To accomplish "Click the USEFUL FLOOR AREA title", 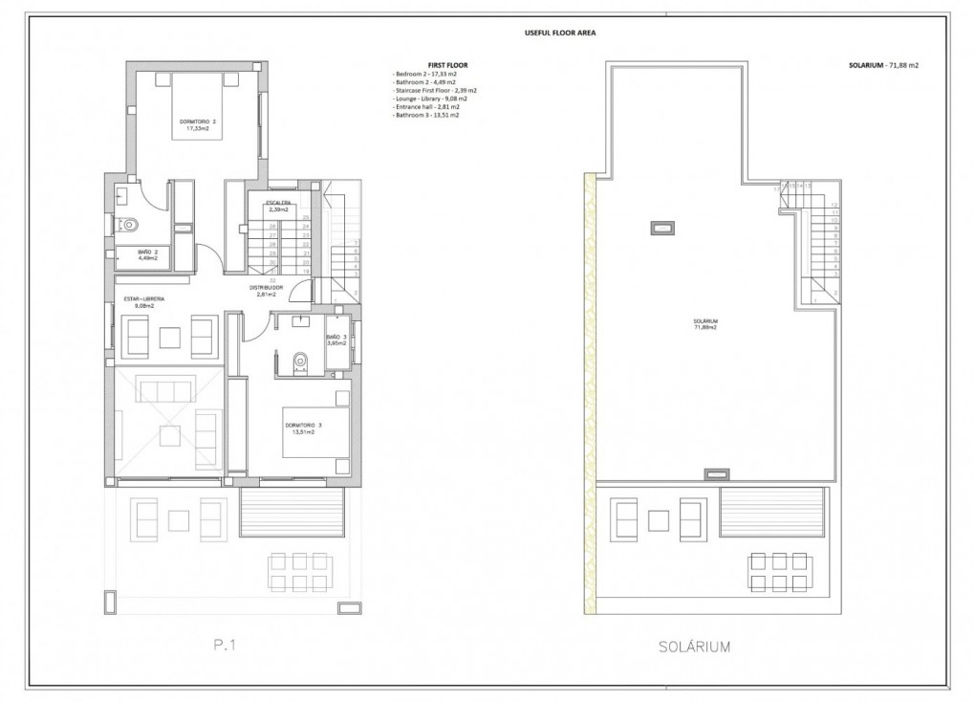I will coord(561,32).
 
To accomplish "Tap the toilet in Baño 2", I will coord(130,227).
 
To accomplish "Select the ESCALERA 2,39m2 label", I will coord(280,205).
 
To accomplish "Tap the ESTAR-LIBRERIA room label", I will coord(145,302).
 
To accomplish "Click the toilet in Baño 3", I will coord(302,360).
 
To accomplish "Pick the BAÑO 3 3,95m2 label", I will coord(337,340).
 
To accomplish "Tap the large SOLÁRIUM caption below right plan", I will coord(695,647).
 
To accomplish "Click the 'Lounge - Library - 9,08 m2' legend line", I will coord(430,99).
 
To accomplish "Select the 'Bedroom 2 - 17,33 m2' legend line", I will coord(425,74).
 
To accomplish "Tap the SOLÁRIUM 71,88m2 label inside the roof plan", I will coord(705,323).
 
